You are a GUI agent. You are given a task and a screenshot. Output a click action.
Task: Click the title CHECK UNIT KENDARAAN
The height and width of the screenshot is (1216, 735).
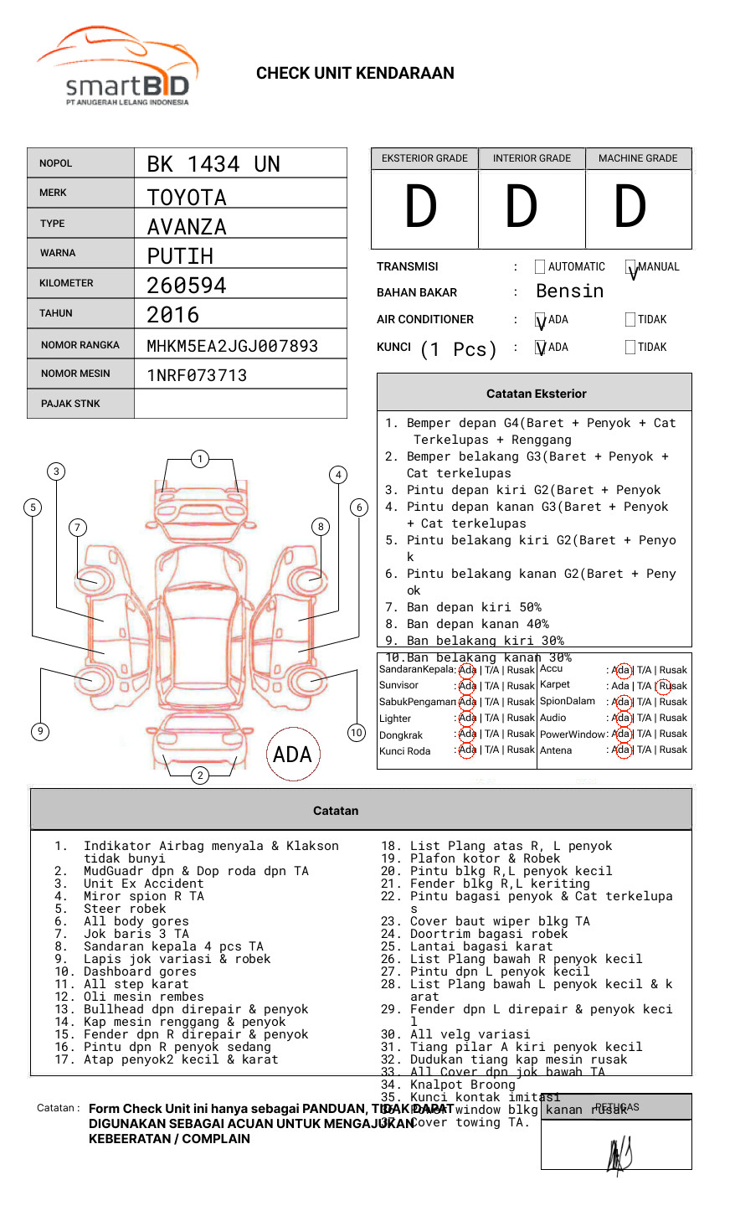pos(355,74)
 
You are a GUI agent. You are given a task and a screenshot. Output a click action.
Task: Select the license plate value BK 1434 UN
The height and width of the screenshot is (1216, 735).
pos(213,164)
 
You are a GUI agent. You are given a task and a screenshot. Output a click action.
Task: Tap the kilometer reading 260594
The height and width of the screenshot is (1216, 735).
pos(187,286)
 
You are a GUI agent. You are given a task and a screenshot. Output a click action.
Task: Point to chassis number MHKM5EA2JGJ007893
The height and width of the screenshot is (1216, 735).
pos(232,346)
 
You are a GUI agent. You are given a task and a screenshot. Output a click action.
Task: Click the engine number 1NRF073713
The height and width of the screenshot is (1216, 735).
pos(197,375)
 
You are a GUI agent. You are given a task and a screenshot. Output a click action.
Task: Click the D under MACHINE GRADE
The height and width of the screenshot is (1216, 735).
pos(630,208)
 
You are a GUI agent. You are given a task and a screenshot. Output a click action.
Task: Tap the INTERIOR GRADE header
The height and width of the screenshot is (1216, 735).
pos(532,158)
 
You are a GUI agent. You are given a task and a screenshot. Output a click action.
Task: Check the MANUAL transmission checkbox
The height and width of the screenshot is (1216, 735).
pos(631,267)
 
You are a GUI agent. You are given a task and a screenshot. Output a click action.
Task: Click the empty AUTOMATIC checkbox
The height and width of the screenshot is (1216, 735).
pos(540,267)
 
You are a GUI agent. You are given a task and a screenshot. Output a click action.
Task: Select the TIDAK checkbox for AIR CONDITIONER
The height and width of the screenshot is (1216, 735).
pos(630,320)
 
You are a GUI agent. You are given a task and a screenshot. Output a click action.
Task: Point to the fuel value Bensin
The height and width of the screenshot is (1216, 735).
pos(569,291)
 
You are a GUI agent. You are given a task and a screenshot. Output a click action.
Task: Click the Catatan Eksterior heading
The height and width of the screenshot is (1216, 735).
pos(536,394)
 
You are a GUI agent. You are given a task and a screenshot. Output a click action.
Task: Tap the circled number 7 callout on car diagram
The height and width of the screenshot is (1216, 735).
pos(78,527)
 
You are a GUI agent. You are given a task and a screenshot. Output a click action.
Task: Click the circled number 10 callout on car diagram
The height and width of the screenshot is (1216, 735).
pos(357,733)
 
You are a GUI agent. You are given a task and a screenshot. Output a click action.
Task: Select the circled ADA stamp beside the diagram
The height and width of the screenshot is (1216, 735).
pos(293,755)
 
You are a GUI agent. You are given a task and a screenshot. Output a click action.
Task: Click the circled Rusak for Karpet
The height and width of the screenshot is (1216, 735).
pos(672,686)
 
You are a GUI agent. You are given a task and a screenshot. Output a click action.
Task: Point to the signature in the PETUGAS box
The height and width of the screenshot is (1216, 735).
pos(619,1156)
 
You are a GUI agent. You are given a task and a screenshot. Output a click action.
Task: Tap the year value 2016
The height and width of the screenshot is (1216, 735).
pos(173,316)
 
